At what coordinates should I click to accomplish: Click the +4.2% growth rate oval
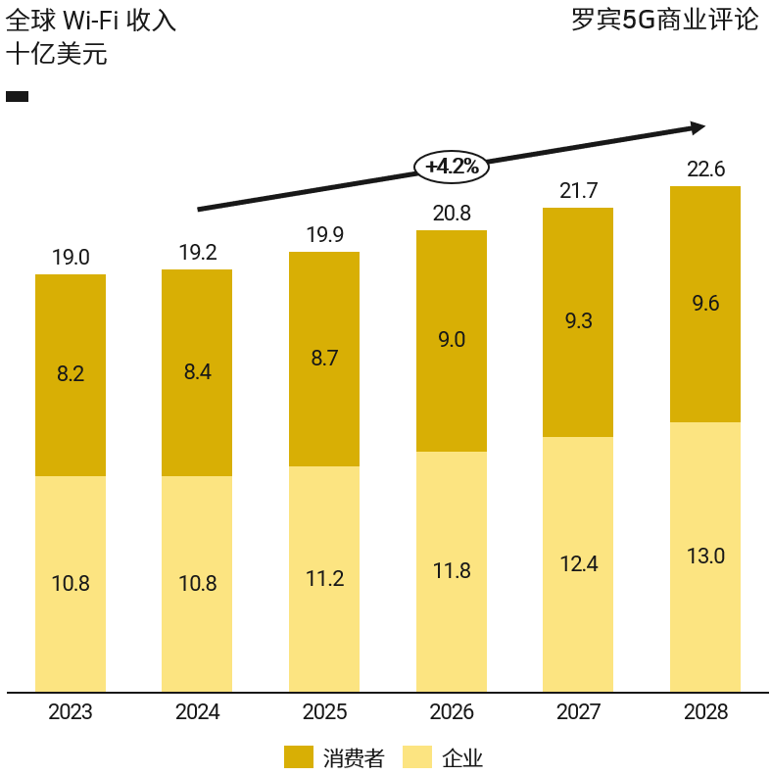452,167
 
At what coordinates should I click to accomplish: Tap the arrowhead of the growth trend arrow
698,127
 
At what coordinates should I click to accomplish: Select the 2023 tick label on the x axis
71,712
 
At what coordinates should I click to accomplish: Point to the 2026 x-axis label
452,712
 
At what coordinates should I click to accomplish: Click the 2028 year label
705,712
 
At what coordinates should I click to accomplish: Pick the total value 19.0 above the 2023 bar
71,258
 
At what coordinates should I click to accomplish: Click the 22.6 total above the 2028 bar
705,170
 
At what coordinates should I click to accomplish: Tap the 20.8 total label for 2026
452,214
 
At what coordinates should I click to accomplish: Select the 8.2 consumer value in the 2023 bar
71,373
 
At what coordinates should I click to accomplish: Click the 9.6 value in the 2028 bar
705,304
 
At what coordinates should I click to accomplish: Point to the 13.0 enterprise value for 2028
705,557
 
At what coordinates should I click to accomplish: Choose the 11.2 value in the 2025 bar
324,578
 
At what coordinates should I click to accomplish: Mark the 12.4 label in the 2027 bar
578,563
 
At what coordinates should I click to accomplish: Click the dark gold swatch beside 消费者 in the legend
299,756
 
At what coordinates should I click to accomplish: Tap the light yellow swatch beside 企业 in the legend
417,756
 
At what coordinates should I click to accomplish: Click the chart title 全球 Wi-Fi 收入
91,21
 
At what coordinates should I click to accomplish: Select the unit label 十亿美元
56,55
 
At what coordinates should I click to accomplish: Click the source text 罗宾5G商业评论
665,20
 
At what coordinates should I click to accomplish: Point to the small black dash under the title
17,96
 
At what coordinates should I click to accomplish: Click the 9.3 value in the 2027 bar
578,320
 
